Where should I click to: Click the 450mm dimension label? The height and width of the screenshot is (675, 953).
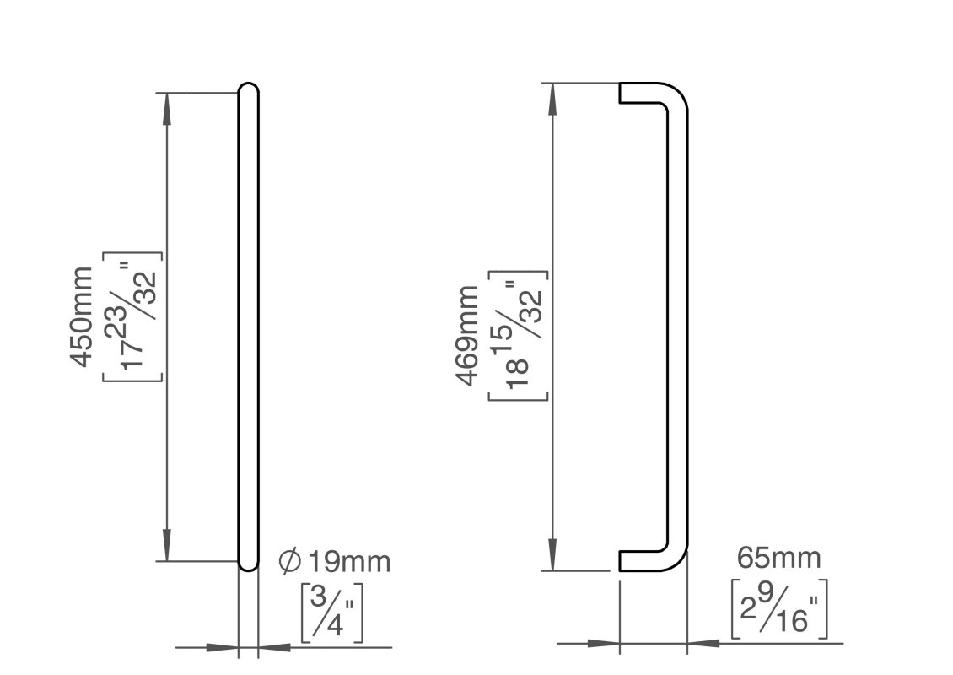[x=82, y=316]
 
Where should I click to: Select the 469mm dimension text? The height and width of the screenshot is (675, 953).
[x=466, y=335]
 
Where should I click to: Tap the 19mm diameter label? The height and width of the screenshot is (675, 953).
[x=349, y=561]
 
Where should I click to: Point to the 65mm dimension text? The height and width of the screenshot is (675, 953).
[x=778, y=558]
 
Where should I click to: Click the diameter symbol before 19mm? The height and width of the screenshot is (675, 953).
[x=290, y=561]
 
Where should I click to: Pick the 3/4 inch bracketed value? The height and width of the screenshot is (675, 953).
[x=331, y=613]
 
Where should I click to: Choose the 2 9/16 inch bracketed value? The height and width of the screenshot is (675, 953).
[x=779, y=608]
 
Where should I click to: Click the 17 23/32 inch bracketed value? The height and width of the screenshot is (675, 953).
[x=132, y=316]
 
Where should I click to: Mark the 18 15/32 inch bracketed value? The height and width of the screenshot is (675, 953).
[x=518, y=335]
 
